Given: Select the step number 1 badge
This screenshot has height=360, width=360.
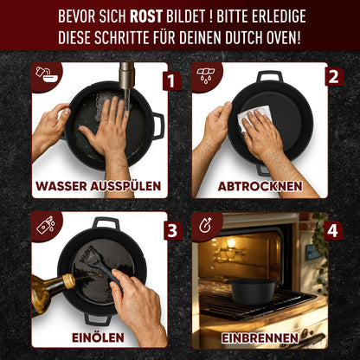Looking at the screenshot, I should coord(170,81).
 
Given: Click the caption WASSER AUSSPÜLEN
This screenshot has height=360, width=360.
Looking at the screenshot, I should coord(99,186).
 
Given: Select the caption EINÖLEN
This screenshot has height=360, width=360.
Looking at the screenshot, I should coord(98,337).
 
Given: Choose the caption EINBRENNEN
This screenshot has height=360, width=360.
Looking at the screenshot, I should coord(259,337).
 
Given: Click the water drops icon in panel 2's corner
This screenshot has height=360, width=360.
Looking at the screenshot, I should coord(205,74).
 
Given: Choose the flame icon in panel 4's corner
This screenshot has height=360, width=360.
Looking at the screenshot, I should coord(205,227).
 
